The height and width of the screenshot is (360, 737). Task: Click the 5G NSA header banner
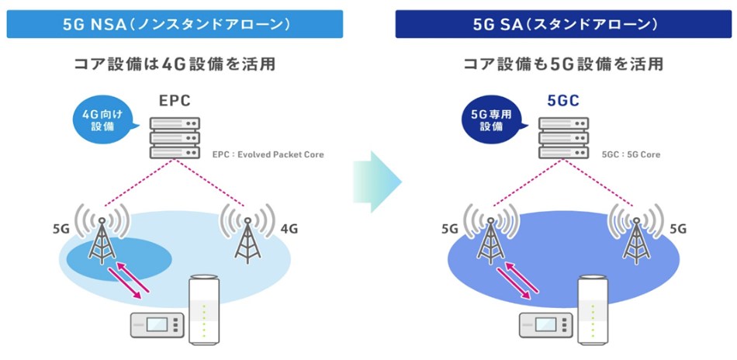point(175,23)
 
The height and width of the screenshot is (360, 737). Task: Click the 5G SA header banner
point(563,23)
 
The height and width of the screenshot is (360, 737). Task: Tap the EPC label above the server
point(174,102)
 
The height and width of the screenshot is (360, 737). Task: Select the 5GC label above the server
point(563,102)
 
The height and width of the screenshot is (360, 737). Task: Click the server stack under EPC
point(175,137)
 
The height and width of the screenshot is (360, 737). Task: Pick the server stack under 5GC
point(563,137)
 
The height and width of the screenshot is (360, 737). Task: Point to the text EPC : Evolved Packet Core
point(268,154)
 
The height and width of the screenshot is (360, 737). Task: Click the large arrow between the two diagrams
point(377,182)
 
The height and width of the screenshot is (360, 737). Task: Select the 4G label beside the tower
point(289,230)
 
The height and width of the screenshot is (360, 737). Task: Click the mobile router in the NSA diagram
point(157,324)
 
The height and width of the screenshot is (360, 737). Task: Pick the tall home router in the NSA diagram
point(204,310)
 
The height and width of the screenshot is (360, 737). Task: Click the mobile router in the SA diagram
point(545,324)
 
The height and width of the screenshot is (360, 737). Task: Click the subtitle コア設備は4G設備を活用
point(175,64)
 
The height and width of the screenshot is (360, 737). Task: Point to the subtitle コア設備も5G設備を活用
point(563,64)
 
